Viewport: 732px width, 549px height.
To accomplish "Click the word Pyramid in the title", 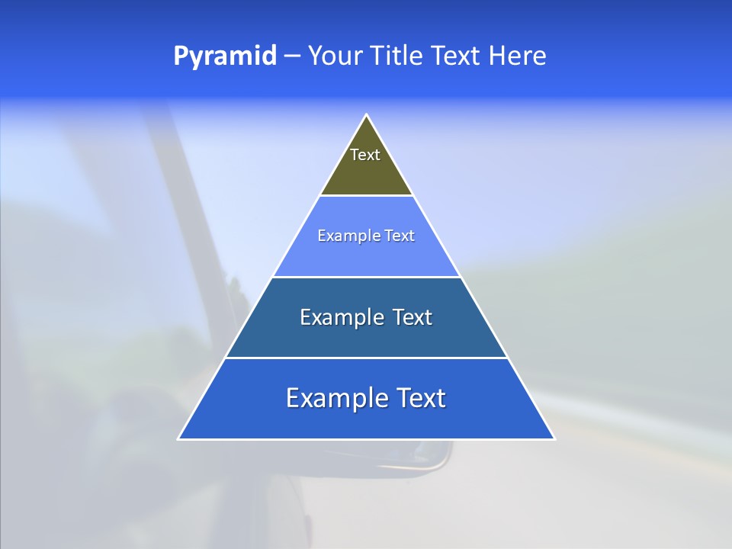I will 224,56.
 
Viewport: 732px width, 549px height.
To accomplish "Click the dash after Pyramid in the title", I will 292,56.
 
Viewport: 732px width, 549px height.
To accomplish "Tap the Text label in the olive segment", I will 365,155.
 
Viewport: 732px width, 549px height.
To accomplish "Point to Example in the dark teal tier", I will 335,317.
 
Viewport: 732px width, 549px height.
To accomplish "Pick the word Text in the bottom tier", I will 418,398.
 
